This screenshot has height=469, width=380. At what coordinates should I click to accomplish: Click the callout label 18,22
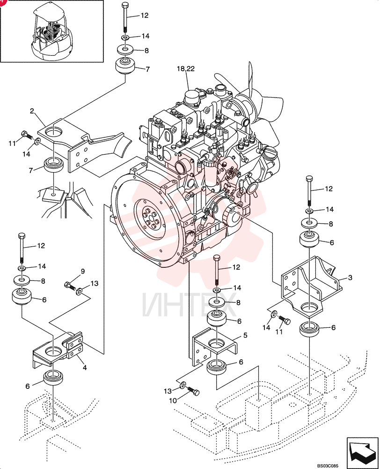click(186, 69)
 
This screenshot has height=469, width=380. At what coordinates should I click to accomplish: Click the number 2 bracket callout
click(32, 111)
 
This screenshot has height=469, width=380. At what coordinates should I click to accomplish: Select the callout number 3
click(350, 278)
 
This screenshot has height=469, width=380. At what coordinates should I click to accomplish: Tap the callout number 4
click(85, 367)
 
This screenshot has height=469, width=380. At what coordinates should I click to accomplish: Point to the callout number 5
click(245, 335)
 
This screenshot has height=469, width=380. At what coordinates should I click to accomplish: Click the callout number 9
click(83, 271)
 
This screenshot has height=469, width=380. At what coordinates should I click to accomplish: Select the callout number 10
click(173, 401)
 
